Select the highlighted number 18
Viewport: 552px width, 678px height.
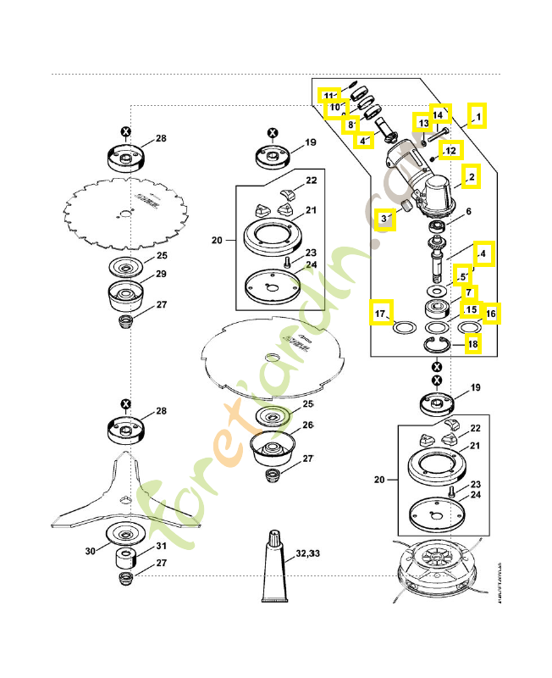pyautogui.click(x=472, y=345)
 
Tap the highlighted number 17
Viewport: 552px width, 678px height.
pyautogui.click(x=382, y=314)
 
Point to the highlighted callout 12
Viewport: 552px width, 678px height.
pyautogui.click(x=450, y=150)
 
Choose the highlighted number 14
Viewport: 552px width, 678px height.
pyautogui.click(x=439, y=114)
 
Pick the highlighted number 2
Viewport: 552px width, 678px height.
pyautogui.click(x=471, y=175)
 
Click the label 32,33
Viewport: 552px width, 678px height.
pyautogui.click(x=308, y=553)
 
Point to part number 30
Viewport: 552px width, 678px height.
pyautogui.click(x=91, y=551)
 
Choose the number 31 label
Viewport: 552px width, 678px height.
pyautogui.click(x=160, y=546)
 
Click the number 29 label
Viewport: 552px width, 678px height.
pyautogui.click(x=160, y=274)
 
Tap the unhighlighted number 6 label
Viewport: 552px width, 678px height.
pyautogui.click(x=467, y=211)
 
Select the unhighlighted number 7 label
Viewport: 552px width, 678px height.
pyautogui.click(x=467, y=292)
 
